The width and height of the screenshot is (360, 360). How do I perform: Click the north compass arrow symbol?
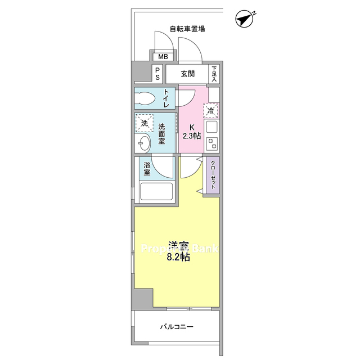[245, 18]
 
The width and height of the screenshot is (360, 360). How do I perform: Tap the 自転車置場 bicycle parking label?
[187, 29]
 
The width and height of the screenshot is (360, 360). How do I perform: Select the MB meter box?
[163, 56]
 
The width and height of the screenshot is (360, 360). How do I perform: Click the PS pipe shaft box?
[157, 74]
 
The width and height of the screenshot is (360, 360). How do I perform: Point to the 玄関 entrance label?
[188, 74]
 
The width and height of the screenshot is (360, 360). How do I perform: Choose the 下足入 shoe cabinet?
[214, 74]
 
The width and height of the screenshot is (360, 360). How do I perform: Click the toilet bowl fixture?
[145, 99]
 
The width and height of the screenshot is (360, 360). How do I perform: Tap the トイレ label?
[166, 98]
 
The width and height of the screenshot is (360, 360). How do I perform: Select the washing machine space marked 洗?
[144, 123]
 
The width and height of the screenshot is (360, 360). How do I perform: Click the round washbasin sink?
[143, 143]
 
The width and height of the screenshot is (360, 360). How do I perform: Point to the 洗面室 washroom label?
[161, 134]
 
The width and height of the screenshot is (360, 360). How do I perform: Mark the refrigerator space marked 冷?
[210, 111]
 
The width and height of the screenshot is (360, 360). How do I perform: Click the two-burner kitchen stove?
[212, 144]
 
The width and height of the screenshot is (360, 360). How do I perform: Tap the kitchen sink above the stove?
[212, 127]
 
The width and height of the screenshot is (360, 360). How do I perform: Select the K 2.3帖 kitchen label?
[192, 132]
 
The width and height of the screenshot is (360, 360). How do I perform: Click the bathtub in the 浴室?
[156, 191]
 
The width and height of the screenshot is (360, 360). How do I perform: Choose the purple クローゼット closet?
[213, 175]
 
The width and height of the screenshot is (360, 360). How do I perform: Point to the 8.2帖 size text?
[178, 258]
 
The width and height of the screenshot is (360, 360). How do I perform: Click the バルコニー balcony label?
[177, 326]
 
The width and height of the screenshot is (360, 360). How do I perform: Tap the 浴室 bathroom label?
[147, 169]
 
